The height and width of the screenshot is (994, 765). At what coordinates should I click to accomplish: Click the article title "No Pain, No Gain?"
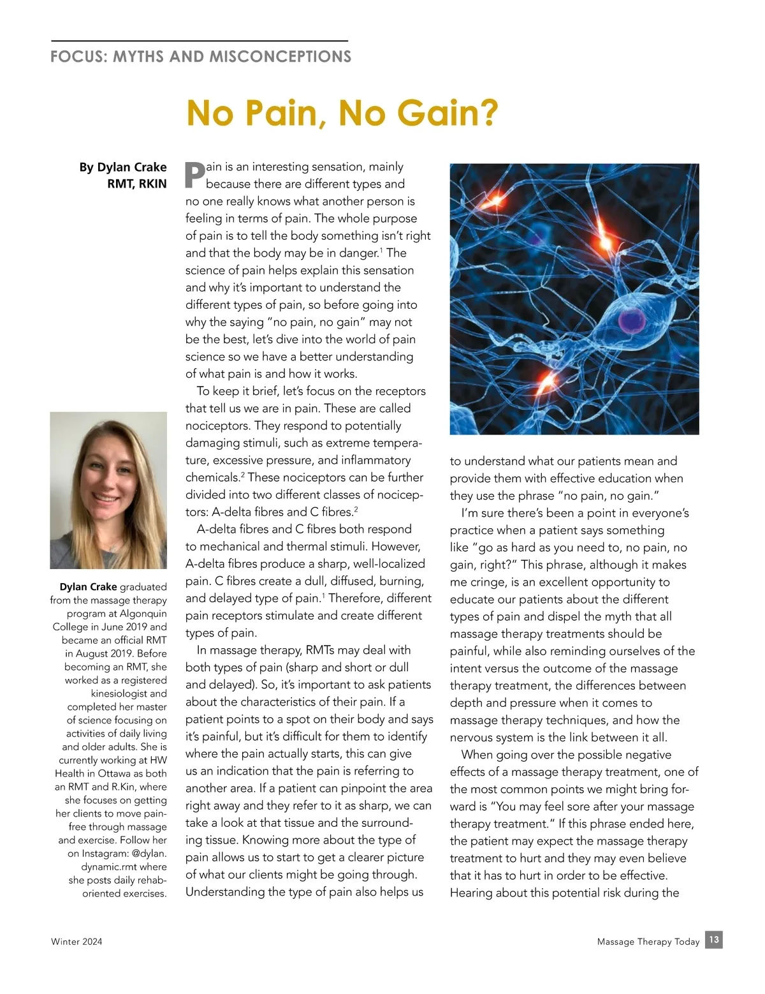pyautogui.click(x=342, y=113)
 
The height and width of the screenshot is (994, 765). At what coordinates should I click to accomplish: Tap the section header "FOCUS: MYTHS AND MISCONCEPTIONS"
pyautogui.click(x=201, y=57)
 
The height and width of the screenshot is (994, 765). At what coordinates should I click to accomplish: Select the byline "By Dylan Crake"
pyautogui.click(x=123, y=167)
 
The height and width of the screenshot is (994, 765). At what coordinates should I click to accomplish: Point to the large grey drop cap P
pyautogui.click(x=194, y=175)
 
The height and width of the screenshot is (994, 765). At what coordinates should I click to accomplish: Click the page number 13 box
pyautogui.click(x=714, y=940)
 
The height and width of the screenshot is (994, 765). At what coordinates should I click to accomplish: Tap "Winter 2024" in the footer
pyautogui.click(x=76, y=942)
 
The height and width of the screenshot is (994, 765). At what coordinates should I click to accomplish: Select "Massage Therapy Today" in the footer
pyautogui.click(x=648, y=942)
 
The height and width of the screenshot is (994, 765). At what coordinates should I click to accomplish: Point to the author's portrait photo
pyautogui.click(x=108, y=490)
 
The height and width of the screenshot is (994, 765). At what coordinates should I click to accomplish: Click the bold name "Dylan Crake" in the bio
pyautogui.click(x=88, y=587)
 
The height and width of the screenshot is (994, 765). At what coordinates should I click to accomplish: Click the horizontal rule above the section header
pyautogui.click(x=200, y=41)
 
